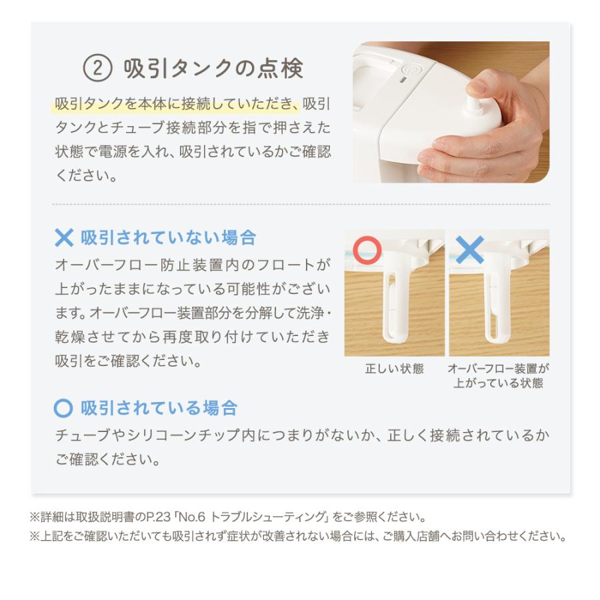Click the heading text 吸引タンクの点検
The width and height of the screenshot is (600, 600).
213,68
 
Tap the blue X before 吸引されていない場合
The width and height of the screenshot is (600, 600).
64,238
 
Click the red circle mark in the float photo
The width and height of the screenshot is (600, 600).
367,251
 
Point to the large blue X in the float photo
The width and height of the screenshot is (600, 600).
470,250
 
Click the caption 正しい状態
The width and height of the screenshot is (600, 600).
394,369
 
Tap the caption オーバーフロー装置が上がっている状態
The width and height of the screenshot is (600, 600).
499,376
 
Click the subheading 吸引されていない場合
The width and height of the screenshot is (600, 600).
168,238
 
